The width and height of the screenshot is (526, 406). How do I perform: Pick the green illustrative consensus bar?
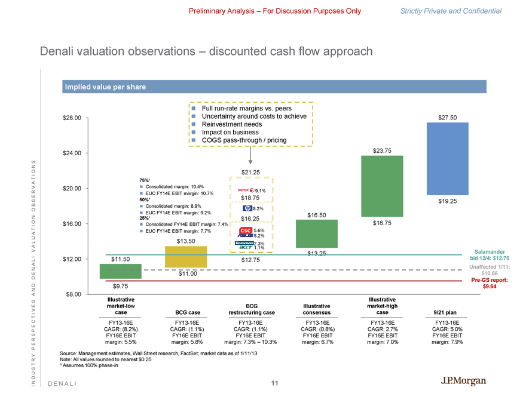(x=316, y=233)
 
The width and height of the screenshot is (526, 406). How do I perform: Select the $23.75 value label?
(x=381, y=150)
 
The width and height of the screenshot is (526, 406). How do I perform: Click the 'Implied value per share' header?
(x=105, y=87)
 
